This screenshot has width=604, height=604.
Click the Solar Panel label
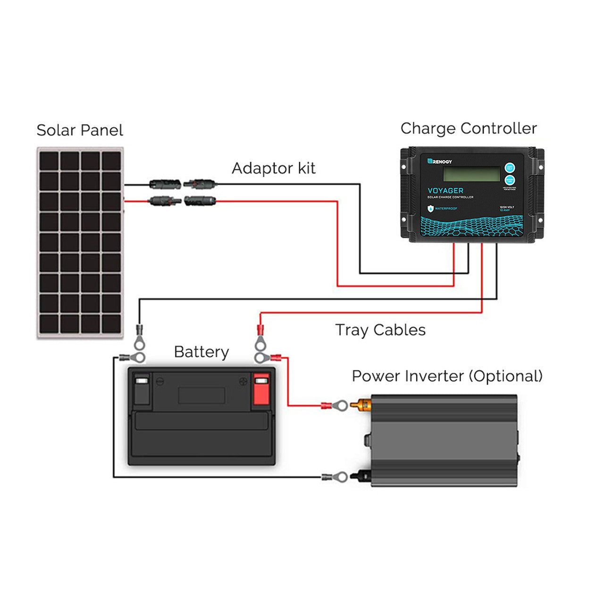(x=80, y=130)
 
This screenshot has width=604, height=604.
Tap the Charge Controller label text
(x=468, y=128)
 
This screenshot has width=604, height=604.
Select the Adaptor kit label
(x=273, y=168)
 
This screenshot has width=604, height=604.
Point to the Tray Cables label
(x=380, y=330)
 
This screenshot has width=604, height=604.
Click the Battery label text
(x=201, y=352)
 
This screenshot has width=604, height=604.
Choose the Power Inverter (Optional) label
(x=447, y=376)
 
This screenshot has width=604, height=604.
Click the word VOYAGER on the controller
(x=445, y=191)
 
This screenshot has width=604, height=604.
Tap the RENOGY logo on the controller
(x=440, y=161)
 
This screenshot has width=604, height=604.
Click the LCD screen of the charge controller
(x=471, y=174)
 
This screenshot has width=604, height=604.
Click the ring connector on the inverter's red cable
(x=340, y=405)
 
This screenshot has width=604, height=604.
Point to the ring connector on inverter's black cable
(x=340, y=477)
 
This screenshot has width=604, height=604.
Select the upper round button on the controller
(x=510, y=168)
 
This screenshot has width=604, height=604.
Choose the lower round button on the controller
(x=510, y=180)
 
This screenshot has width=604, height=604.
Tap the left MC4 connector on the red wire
(x=164, y=201)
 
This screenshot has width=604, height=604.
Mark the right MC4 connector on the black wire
(x=200, y=183)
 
